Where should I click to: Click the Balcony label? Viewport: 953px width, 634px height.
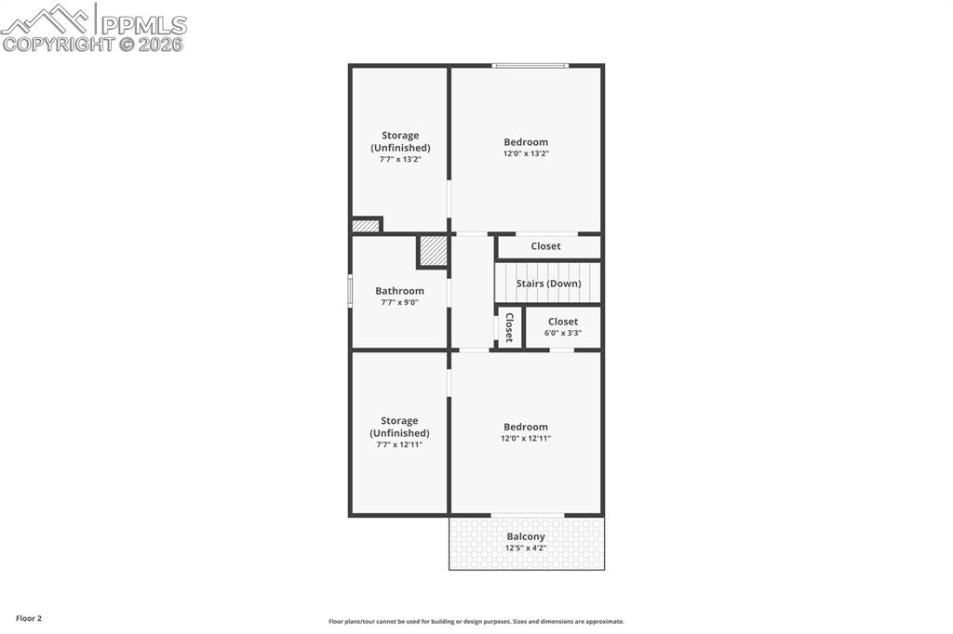pos(526,536)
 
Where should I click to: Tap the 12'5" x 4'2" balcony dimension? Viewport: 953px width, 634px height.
pos(526,548)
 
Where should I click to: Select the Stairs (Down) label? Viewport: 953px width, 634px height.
pos(548,284)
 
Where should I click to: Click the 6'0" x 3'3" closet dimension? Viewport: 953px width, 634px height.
pos(562,333)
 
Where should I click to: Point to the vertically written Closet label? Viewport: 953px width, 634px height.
pos(509,327)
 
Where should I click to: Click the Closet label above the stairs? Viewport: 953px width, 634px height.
pos(545,246)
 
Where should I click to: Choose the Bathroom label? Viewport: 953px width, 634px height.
pos(399,291)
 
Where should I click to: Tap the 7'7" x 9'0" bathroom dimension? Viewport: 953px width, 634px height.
pos(399,302)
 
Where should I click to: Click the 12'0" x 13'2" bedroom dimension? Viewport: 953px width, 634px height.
pos(526,153)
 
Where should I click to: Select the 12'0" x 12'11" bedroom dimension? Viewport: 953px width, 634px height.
pos(526,438)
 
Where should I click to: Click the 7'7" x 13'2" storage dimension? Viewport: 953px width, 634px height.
pos(400,159)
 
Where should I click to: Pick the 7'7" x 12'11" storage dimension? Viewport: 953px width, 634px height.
pos(399,444)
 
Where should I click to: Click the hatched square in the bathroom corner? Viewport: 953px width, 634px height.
pos(433,251)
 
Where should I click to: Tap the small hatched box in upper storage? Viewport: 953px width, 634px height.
pos(366,225)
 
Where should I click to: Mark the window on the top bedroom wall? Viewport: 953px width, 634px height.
pos(530,65)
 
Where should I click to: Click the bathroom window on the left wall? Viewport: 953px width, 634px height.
pos(350,290)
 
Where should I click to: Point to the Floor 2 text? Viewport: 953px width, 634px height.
pos(29,618)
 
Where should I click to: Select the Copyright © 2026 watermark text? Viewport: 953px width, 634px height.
pos(93,44)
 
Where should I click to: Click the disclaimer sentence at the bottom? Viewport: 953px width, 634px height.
pos(476,622)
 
